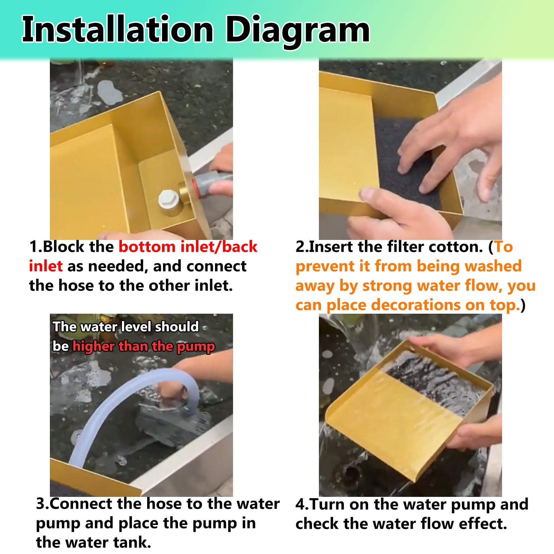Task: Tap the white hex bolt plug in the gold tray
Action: click(169, 199)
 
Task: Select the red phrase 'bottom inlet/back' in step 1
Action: click(188, 247)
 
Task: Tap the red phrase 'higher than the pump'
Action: click(144, 347)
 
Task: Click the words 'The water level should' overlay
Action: click(126, 327)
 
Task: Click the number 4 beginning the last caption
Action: click(300, 504)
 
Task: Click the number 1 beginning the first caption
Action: click(33, 247)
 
